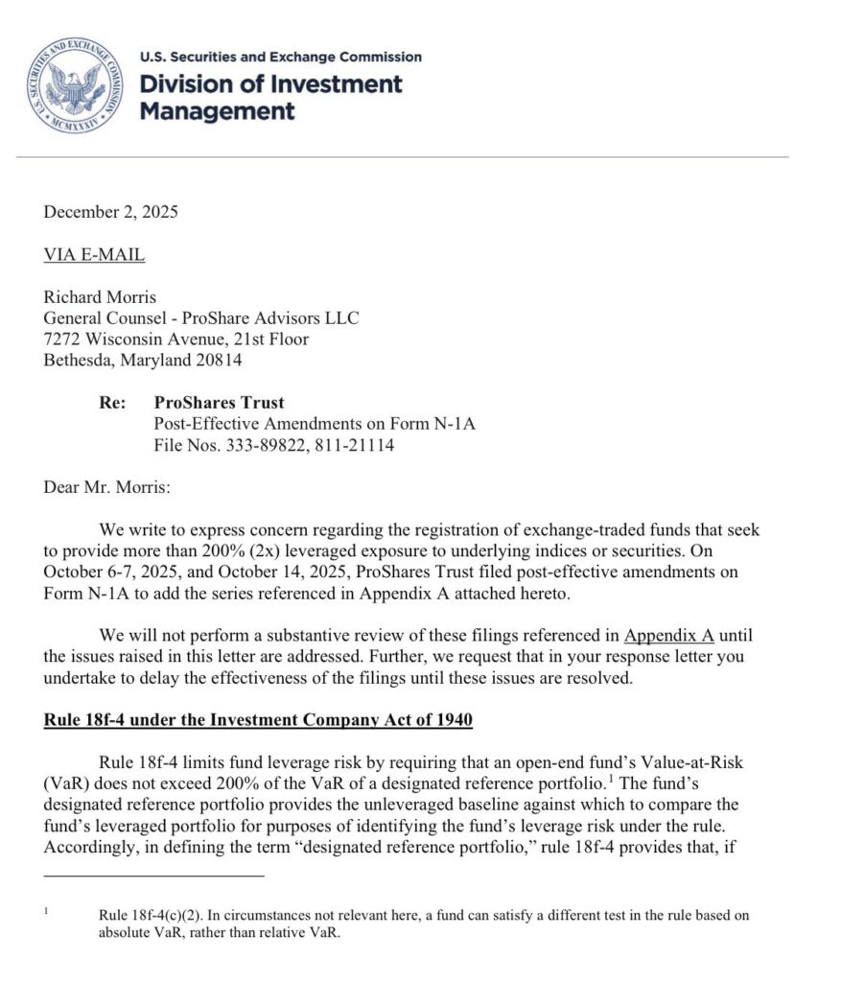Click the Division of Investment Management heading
tap(271, 97)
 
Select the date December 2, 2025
tap(110, 213)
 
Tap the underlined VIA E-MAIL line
tap(94, 255)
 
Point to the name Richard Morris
tap(101, 297)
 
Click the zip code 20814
tap(221, 361)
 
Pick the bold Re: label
tap(112, 403)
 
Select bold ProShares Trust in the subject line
tap(219, 403)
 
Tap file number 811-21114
tap(352, 445)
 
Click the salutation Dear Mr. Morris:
tap(106, 487)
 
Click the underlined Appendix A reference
tap(669, 635)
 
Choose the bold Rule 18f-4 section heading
tap(258, 719)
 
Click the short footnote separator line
tap(153, 875)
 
